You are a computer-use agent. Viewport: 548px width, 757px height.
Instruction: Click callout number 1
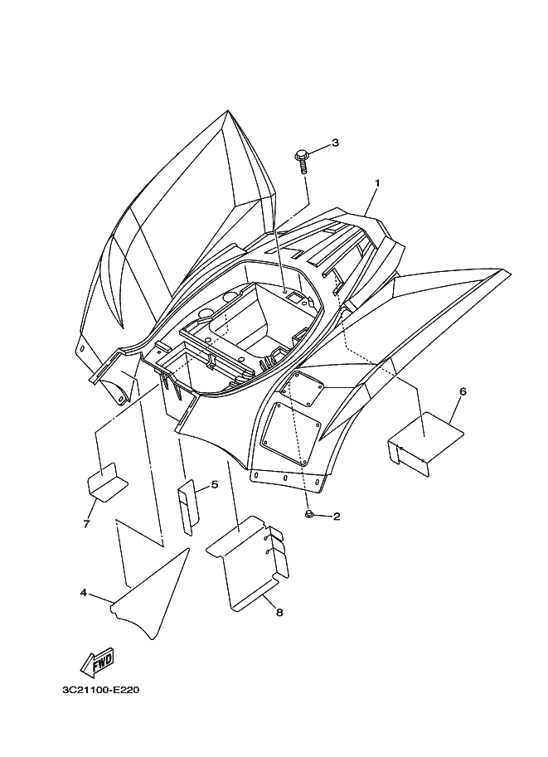[x=377, y=183]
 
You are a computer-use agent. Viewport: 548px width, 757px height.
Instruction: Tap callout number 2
[x=337, y=517]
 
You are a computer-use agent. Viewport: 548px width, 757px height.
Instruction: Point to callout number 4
[x=84, y=592]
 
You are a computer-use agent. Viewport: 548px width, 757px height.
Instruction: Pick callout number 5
[x=215, y=484]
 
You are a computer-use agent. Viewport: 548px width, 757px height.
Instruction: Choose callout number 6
[x=462, y=391]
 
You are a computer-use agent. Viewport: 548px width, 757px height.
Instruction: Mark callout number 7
[x=86, y=524]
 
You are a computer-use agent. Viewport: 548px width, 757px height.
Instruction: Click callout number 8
[x=279, y=613]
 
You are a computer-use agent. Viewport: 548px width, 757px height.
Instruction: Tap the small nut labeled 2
[x=309, y=514]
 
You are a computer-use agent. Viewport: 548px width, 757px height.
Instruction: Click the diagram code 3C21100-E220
[x=101, y=690]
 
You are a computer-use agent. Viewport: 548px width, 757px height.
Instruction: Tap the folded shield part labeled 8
[x=248, y=562]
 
